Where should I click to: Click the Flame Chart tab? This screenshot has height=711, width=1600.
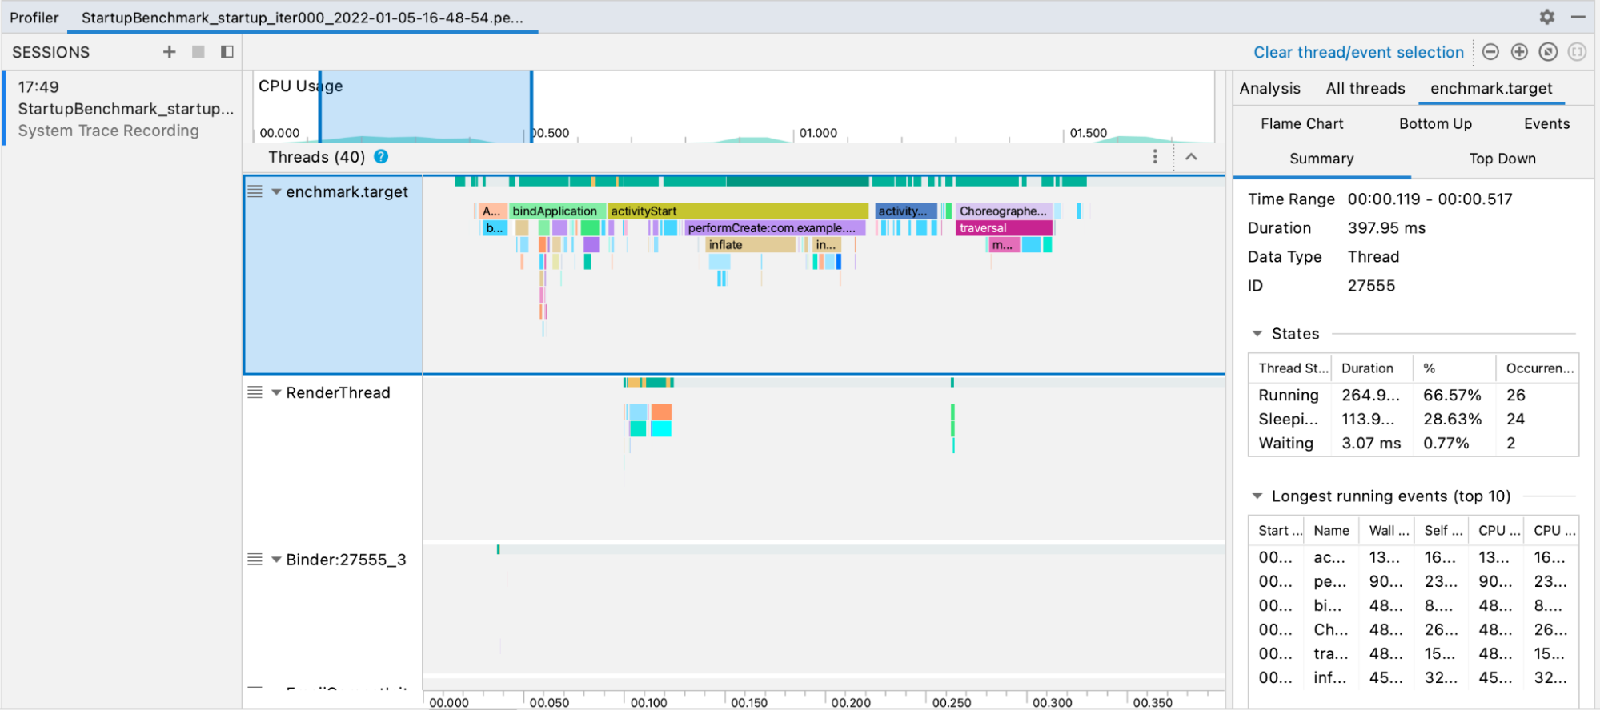[x=1301, y=124]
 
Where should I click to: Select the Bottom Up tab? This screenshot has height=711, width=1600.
[x=1435, y=124]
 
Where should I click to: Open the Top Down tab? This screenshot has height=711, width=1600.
[x=1502, y=159]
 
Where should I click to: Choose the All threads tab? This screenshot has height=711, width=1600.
[x=1365, y=89]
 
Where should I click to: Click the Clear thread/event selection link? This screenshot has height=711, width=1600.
[x=1358, y=53]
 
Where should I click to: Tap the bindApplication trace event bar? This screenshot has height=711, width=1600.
[x=555, y=211]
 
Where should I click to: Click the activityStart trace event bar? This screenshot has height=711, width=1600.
[x=736, y=211]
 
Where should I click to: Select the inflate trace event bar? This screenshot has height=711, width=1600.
[x=749, y=245]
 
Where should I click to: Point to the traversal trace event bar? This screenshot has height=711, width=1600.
[x=1004, y=228]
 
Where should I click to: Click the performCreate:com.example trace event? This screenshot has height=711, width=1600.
[x=773, y=228]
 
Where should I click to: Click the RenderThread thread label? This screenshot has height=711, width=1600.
[x=338, y=393]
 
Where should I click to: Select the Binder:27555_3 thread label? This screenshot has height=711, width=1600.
[x=346, y=560]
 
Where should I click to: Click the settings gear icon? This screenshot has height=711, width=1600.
[x=1546, y=17]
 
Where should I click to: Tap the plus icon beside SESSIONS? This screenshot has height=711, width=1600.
[x=169, y=52]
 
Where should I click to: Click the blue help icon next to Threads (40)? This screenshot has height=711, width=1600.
[x=381, y=157]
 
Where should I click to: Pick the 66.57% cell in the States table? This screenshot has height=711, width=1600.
[x=1452, y=396]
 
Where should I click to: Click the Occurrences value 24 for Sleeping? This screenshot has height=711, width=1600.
[x=1515, y=420]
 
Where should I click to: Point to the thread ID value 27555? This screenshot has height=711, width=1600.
[x=1371, y=286]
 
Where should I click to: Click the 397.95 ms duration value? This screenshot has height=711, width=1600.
[x=1386, y=228]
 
